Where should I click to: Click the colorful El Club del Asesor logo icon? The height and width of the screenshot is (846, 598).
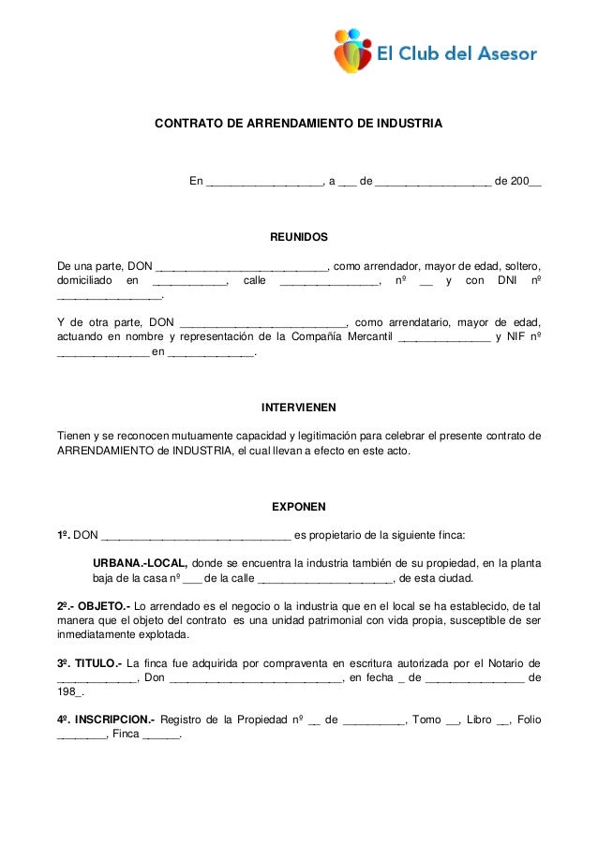[x=353, y=51]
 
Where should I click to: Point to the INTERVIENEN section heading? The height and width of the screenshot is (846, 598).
[x=298, y=408]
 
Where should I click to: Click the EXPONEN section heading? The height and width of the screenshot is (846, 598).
[x=298, y=507]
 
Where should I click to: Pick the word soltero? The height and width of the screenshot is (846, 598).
[x=521, y=264]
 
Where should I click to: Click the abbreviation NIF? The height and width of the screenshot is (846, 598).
[x=515, y=338]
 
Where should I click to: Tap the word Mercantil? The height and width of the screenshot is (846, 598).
[x=360, y=338]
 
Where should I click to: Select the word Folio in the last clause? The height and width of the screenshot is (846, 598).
[x=527, y=720]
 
